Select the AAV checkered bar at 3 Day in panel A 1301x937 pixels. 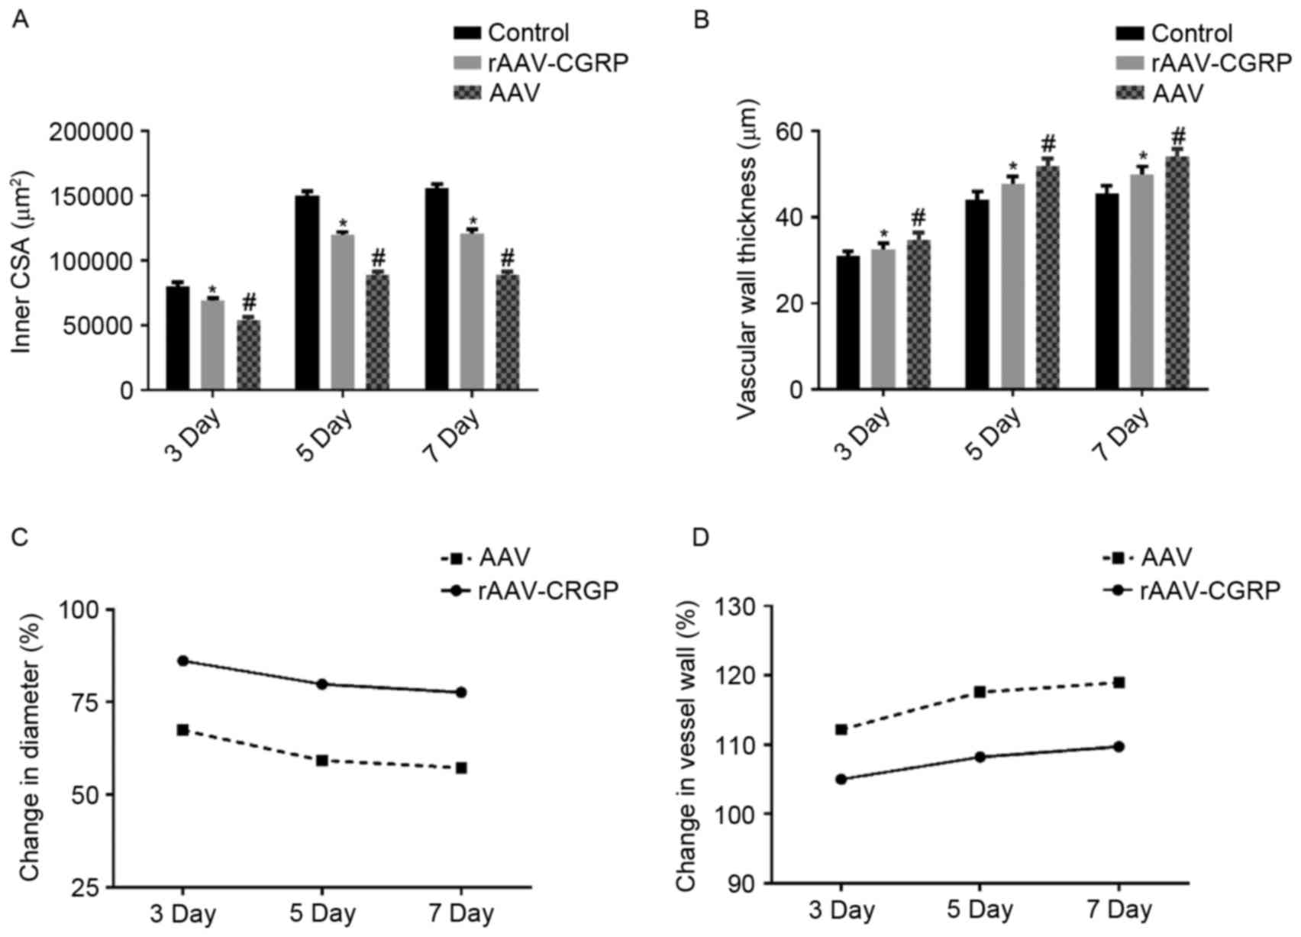[x=248, y=354]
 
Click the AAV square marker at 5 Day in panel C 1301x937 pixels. [x=321, y=761]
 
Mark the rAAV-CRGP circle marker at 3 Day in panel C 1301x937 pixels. [x=182, y=661]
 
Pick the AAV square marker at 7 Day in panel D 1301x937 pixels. [x=1119, y=682]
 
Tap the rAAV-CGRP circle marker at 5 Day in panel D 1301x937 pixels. [x=980, y=757]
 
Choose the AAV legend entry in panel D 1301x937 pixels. [x=1166, y=558]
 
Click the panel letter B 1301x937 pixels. [x=700, y=19]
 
